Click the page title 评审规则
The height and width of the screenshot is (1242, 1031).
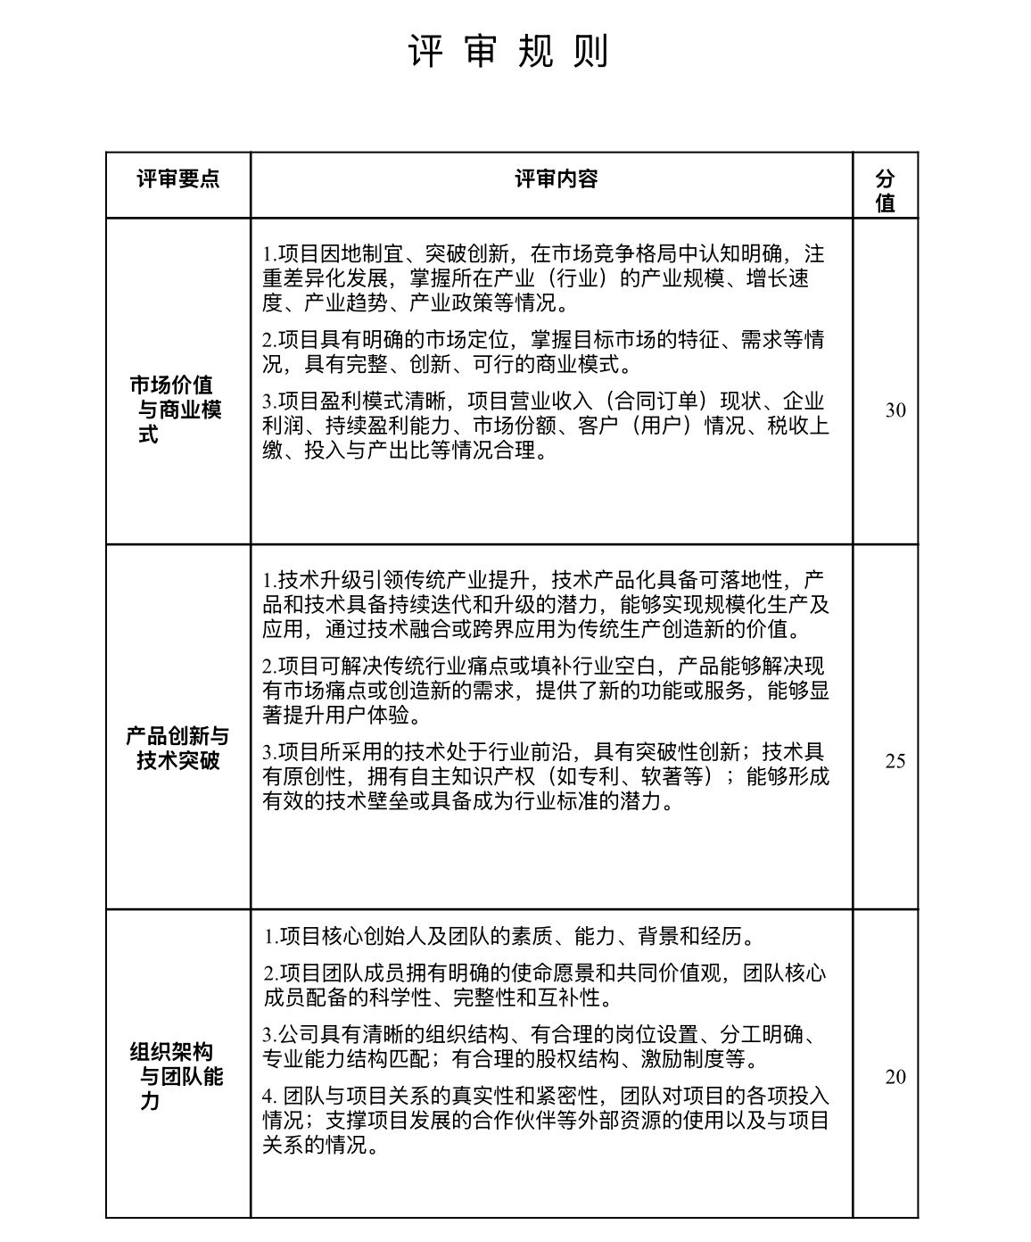(x=509, y=52)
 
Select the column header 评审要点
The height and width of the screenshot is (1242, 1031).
(x=178, y=178)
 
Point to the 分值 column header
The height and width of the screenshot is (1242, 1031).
(x=885, y=190)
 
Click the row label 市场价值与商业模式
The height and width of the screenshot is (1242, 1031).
(x=177, y=410)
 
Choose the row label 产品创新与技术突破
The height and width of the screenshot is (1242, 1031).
(x=177, y=748)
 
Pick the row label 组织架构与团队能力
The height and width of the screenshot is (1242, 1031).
(x=177, y=1076)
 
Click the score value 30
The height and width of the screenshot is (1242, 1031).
(x=895, y=410)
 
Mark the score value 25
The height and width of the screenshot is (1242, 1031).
(x=895, y=761)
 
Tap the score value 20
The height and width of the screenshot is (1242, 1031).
(x=895, y=1077)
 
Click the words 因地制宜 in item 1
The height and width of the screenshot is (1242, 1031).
(x=363, y=253)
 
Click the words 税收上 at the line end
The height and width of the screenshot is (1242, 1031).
(x=799, y=426)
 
